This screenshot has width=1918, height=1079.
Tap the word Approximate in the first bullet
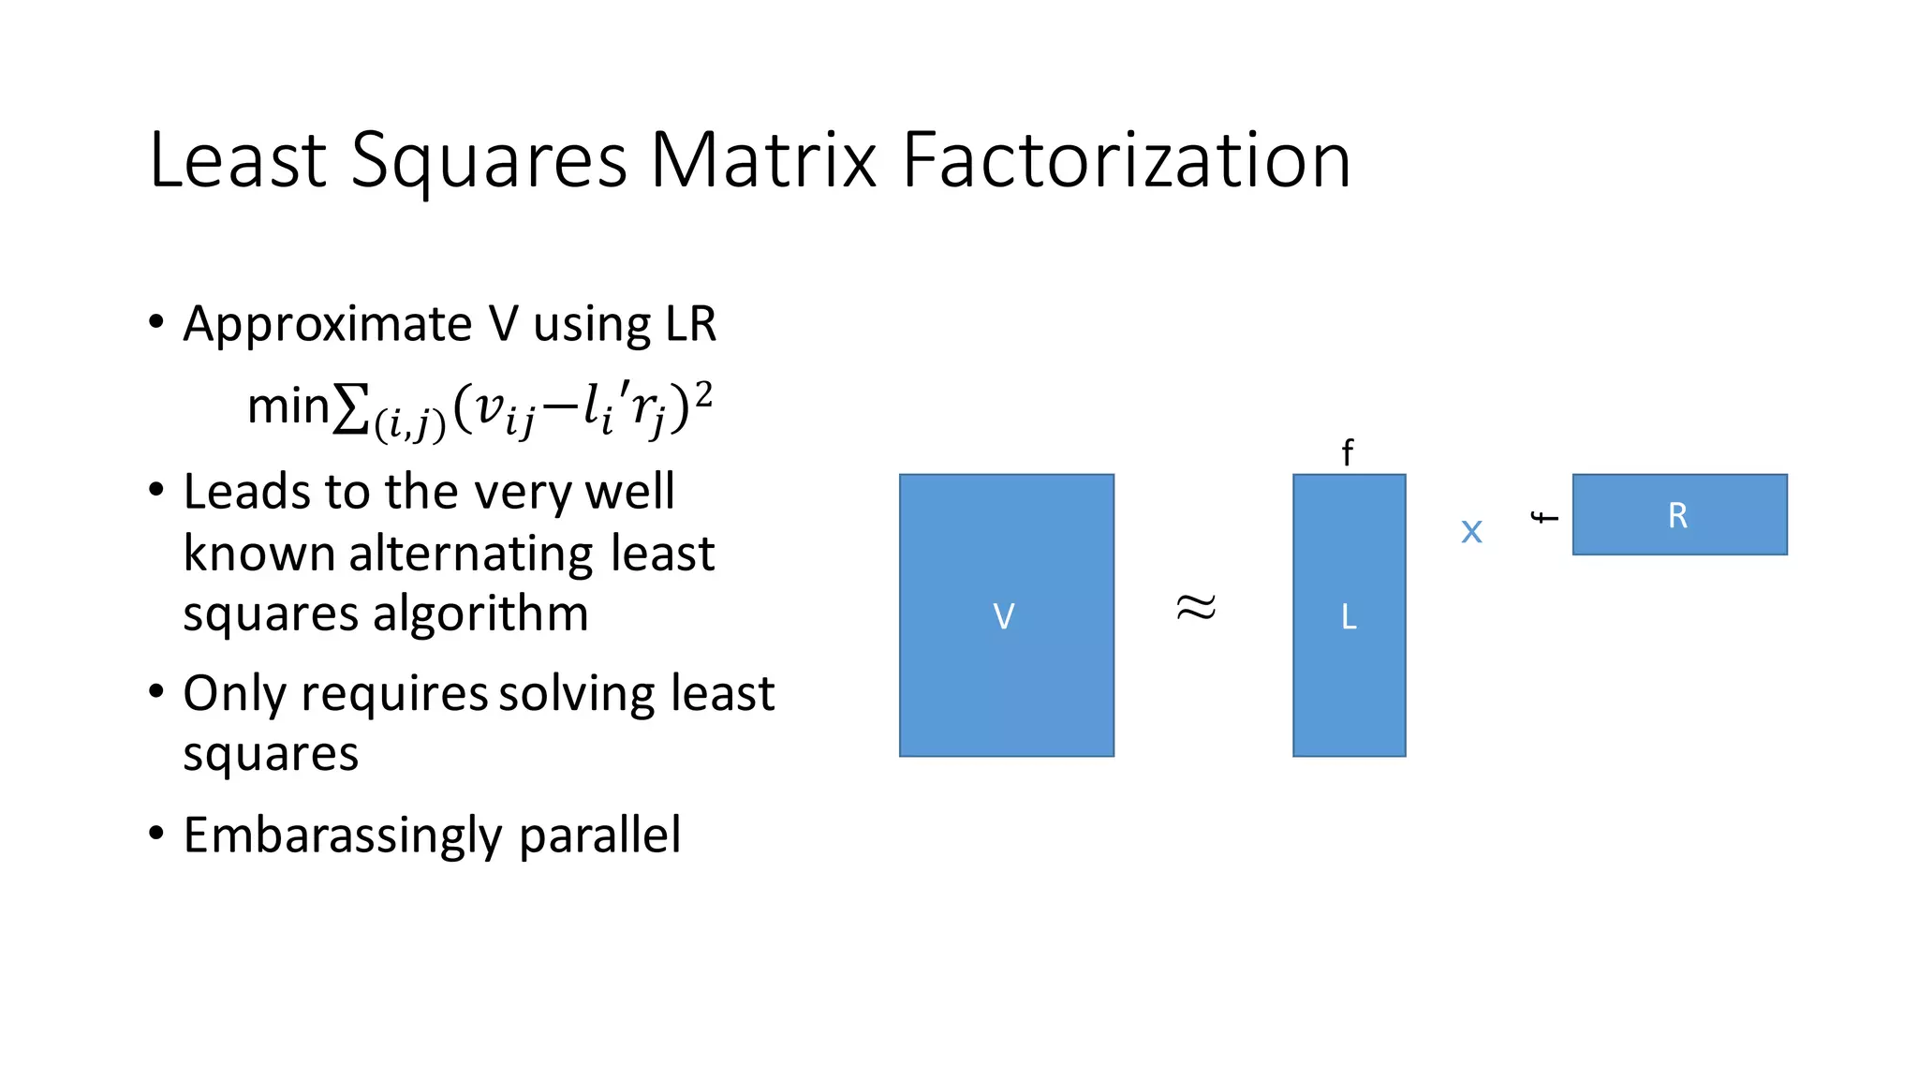pyautogui.click(x=327, y=325)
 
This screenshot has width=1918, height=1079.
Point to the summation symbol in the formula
pyautogui.click(x=350, y=409)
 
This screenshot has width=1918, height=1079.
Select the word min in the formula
pyautogui.click(x=288, y=407)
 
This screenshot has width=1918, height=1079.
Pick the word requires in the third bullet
pyautogui.click(x=394, y=694)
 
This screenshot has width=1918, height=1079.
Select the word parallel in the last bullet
pyautogui.click(x=599, y=835)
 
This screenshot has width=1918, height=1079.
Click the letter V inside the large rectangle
pyautogui.click(x=1003, y=616)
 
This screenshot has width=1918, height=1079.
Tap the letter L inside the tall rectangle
pyautogui.click(x=1349, y=616)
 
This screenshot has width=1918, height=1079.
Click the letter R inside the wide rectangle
pyautogui.click(x=1677, y=515)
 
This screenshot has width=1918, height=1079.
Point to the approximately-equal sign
pyautogui.click(x=1196, y=607)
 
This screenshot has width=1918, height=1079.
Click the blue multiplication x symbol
pyautogui.click(x=1471, y=532)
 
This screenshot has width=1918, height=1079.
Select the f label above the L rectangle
pyautogui.click(x=1347, y=453)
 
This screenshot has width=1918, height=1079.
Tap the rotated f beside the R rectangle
pyautogui.click(x=1544, y=517)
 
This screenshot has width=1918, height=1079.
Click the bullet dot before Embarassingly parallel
pyautogui.click(x=156, y=832)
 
